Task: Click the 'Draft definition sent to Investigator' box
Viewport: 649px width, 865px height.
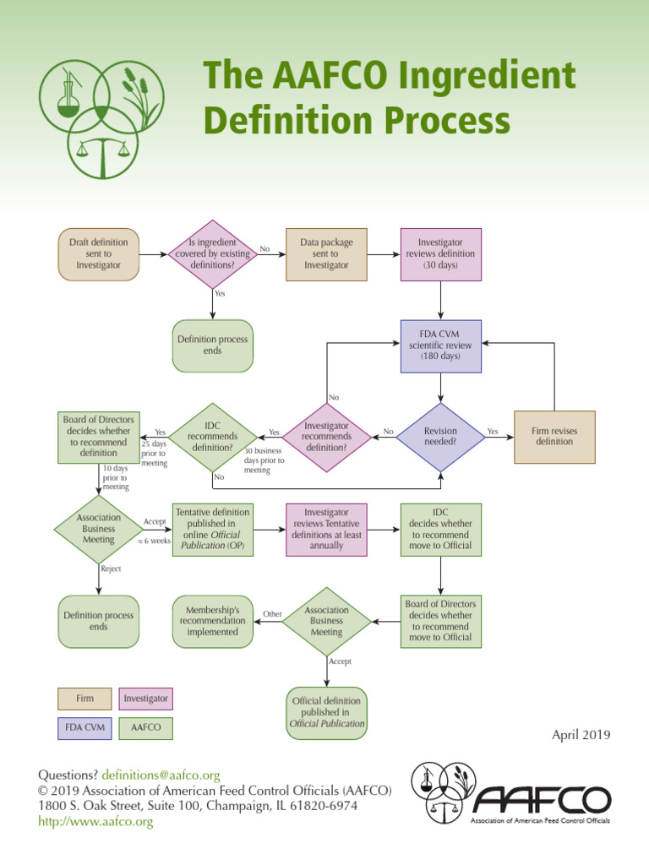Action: (x=98, y=254)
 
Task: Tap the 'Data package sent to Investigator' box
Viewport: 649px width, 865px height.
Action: (x=326, y=254)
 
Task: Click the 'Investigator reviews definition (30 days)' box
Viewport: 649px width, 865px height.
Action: (x=440, y=254)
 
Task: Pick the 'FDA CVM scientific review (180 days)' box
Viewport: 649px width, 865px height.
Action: (x=440, y=345)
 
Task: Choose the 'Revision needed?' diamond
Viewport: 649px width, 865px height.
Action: (x=440, y=437)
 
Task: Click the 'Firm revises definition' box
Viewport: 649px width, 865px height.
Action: (x=554, y=437)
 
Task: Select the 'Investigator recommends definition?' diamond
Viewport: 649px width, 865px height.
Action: (x=326, y=437)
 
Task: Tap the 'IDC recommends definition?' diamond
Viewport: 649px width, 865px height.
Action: (x=212, y=437)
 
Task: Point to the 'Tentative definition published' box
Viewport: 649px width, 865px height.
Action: (x=212, y=529)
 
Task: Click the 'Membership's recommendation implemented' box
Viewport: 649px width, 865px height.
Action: (x=212, y=621)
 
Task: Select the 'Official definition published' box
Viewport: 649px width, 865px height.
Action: (x=327, y=712)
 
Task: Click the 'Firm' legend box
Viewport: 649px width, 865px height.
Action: (x=85, y=699)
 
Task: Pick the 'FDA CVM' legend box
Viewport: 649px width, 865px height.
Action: (x=85, y=726)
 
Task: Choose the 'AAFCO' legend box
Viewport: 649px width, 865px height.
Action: (x=145, y=726)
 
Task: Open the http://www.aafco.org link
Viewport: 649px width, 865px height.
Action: (x=95, y=821)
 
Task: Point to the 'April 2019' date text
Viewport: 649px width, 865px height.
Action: (x=581, y=735)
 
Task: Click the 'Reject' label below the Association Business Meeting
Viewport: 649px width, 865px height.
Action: (x=111, y=569)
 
